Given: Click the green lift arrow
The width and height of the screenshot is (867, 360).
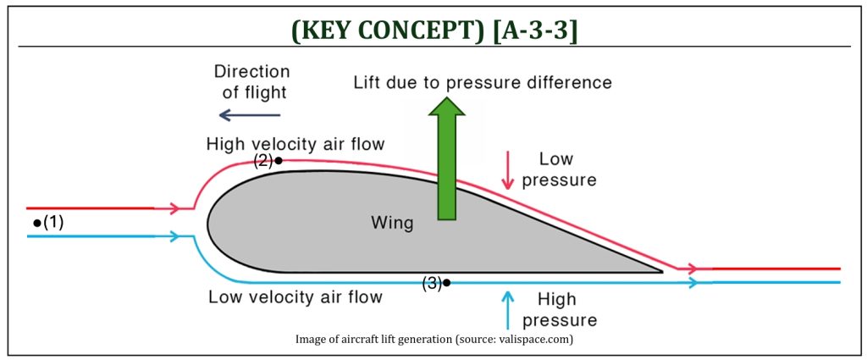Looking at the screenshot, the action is coord(447,158).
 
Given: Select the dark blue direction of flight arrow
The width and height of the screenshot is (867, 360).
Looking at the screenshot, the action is coord(250,115).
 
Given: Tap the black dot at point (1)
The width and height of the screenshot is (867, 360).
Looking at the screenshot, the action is coord(37,223).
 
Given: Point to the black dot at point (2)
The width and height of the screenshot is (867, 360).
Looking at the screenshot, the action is coord(279,161).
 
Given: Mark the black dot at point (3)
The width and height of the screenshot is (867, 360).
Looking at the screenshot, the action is coord(447,283).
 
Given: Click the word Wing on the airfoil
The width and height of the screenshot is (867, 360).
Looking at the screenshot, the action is coord(392,224).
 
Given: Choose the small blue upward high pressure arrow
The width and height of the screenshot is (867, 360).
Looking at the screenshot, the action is coord(507,309).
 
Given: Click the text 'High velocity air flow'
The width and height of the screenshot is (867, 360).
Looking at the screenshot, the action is coord(295,144).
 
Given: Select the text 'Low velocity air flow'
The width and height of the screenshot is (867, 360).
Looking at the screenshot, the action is coord(295,297).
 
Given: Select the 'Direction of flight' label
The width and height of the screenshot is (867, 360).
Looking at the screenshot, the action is coord(252,81).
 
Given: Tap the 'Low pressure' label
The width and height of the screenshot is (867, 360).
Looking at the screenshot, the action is coord(559,169).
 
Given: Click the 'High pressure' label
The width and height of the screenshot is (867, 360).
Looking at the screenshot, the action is coord(559,310).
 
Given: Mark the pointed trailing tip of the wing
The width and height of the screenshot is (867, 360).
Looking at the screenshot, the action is coord(662,272).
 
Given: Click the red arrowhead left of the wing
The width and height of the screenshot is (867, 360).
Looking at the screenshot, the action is coord(174,208).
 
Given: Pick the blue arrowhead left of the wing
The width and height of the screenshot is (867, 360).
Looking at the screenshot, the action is coord(174,236).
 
